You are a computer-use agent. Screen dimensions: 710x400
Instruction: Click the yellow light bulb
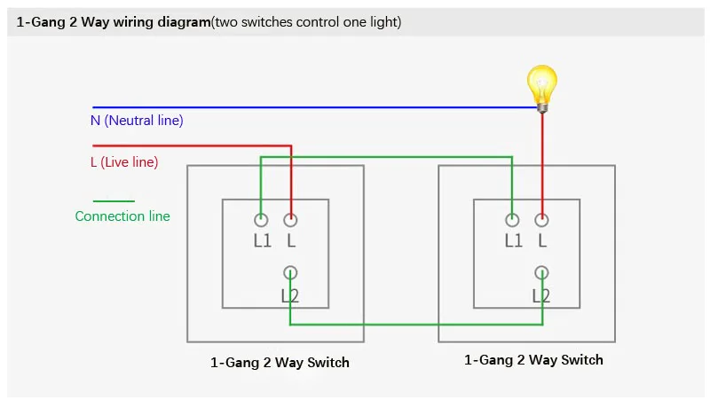(x=542, y=89)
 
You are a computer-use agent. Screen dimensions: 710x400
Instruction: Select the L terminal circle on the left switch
(x=291, y=220)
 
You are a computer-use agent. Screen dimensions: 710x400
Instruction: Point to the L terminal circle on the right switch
(x=542, y=220)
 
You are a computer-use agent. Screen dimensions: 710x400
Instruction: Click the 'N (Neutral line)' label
(x=137, y=121)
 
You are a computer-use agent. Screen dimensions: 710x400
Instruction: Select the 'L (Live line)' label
(x=124, y=162)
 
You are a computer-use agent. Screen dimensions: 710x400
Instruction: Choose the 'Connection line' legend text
(x=122, y=216)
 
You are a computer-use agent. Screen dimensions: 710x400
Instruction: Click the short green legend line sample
(x=114, y=201)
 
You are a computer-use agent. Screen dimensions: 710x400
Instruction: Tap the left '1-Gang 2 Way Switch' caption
(x=280, y=363)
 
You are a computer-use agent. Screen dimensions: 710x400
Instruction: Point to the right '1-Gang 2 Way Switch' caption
(x=533, y=360)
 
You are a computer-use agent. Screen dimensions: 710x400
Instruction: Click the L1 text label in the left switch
(x=262, y=240)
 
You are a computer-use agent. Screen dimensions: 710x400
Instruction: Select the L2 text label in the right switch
(x=541, y=296)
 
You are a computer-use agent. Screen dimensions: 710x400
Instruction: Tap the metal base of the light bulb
(x=542, y=107)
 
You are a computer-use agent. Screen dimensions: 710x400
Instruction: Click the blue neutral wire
(x=315, y=107)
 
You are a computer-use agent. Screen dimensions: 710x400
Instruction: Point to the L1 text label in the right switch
(x=514, y=240)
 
